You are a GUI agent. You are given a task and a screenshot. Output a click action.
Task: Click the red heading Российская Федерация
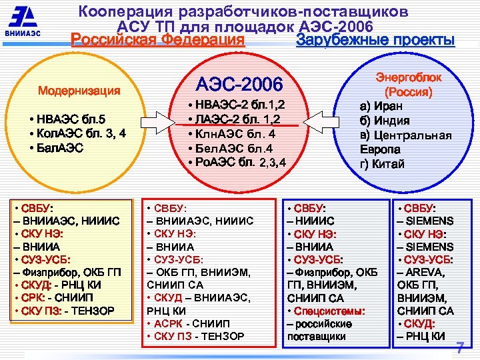pyautogui.click(x=157, y=40)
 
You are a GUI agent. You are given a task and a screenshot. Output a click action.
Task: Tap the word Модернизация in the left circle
pyautogui.click(x=79, y=91)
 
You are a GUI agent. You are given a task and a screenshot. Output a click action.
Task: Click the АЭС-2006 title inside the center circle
pyautogui.click(x=239, y=84)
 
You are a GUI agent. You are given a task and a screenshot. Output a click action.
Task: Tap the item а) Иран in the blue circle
pyautogui.click(x=381, y=106)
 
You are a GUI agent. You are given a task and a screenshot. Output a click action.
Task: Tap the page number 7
pyautogui.click(x=459, y=347)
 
